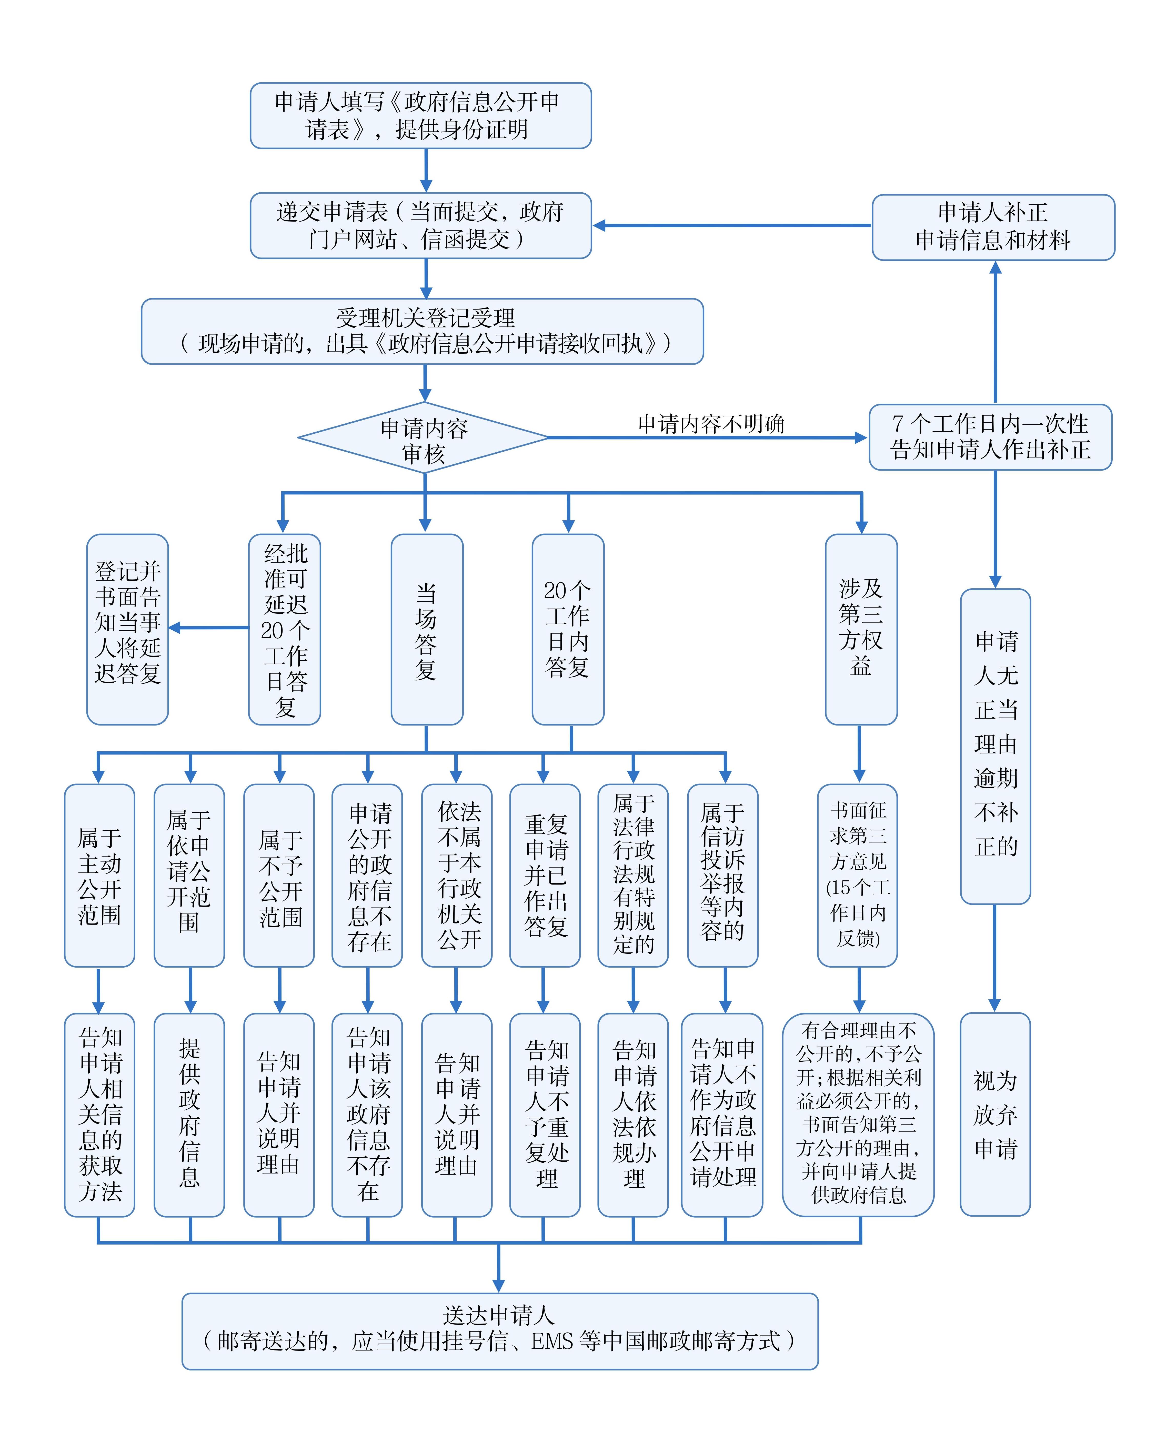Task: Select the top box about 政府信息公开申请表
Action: pyautogui.click(x=420, y=116)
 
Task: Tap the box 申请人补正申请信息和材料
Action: pyautogui.click(x=993, y=227)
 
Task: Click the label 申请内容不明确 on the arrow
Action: pyautogui.click(x=711, y=424)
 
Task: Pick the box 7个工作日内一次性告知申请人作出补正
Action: pyautogui.click(x=990, y=437)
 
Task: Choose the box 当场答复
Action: pyautogui.click(x=426, y=629)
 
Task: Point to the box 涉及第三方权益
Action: pyautogui.click(x=861, y=629)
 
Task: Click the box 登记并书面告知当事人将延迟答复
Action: pyautogui.click(x=128, y=629)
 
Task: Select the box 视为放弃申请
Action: pyautogui.click(x=995, y=1114)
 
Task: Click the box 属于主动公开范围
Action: pyautogui.click(x=99, y=876)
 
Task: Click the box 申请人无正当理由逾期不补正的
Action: pyautogui.click(x=995, y=746)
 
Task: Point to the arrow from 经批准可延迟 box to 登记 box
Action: pyautogui.click(x=208, y=628)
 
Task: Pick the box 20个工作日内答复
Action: pyautogui.click(x=568, y=629)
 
